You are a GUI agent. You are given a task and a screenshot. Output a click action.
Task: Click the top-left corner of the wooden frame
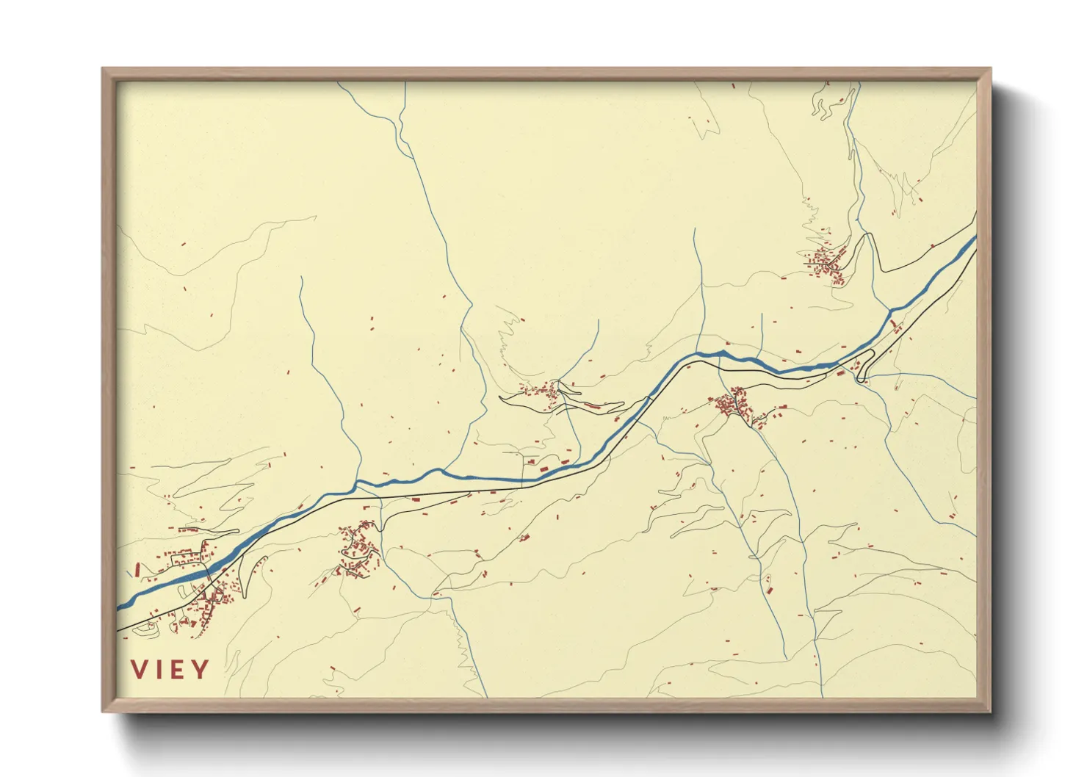(104, 70)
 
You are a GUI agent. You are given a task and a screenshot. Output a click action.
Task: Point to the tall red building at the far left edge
(137, 569)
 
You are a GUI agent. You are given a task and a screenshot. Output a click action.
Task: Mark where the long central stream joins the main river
(358, 484)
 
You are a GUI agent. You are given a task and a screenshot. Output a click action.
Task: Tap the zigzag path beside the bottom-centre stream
(461, 646)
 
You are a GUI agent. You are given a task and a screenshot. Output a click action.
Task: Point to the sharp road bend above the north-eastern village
(870, 236)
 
